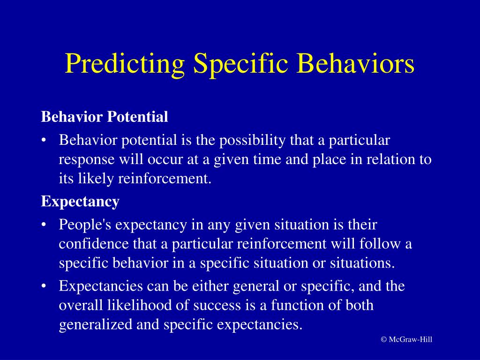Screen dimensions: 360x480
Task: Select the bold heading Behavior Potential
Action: point(105,117)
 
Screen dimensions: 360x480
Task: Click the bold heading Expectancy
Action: point(80,202)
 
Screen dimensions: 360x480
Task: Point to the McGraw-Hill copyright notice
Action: point(406,339)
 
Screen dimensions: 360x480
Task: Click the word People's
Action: point(85,225)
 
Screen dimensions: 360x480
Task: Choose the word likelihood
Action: point(132,305)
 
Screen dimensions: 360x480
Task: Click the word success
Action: point(214,305)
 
